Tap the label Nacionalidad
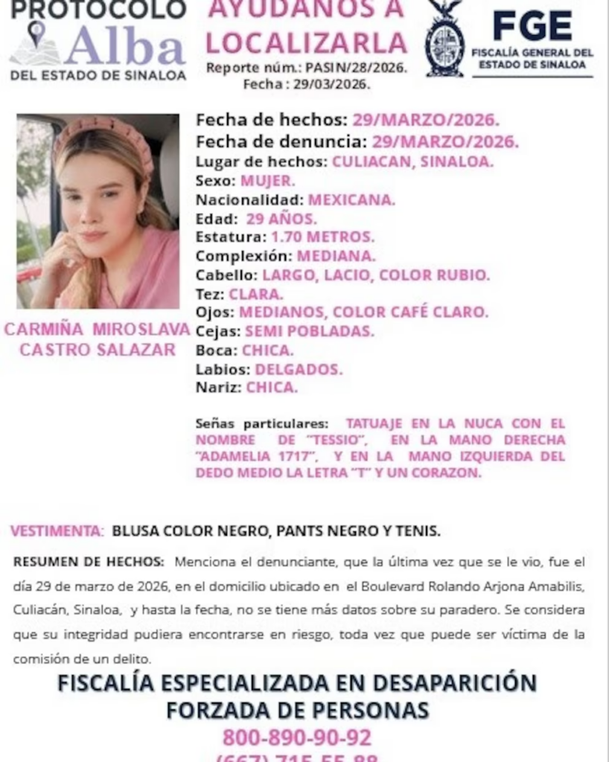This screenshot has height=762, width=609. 249,199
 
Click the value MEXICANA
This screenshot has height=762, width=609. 351,199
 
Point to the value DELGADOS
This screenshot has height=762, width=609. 299,368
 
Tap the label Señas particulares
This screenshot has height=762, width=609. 261,423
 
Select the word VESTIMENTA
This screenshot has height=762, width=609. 57,531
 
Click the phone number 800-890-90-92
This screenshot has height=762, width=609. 296,737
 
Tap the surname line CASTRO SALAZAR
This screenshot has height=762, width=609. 96,350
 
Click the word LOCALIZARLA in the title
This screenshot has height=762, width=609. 306,42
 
